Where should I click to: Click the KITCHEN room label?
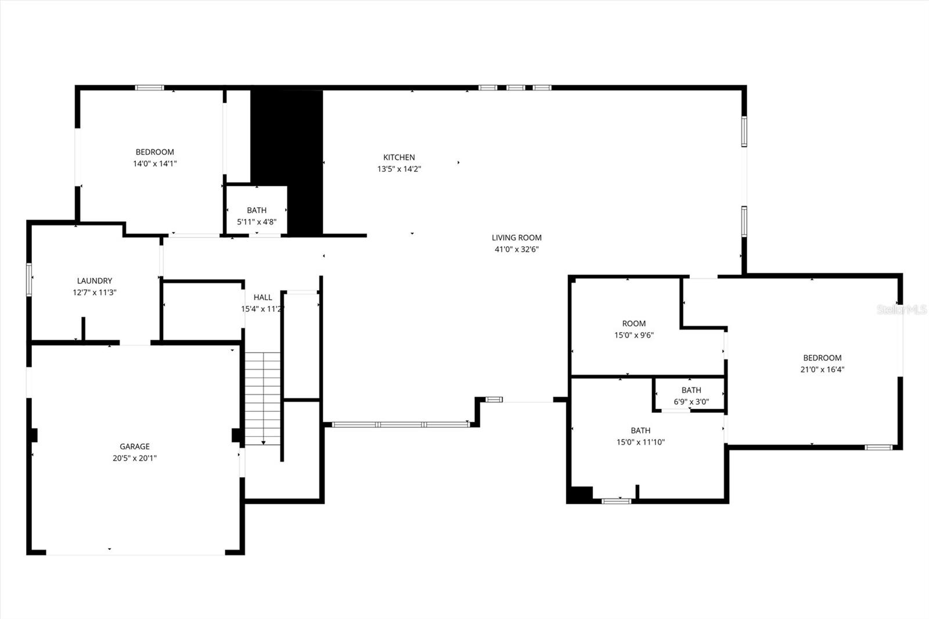pos(399,157)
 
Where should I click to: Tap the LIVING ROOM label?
pos(516,237)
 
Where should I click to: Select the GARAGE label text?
pos(135,447)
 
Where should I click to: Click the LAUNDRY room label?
pos(95,281)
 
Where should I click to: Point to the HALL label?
pos(262,297)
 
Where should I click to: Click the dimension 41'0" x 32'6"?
pos(516,250)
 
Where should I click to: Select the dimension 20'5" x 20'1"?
pos(135,458)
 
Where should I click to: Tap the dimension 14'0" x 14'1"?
pos(154,164)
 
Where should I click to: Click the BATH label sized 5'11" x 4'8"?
pos(257,210)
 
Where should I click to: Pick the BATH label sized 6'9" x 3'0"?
pos(691,390)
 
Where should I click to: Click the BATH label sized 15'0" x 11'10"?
pos(640,430)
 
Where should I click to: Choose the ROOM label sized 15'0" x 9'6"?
pos(634,323)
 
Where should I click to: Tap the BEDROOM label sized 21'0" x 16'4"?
pos(822,358)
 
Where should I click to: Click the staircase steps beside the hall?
pos(263,395)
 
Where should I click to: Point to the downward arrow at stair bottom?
pos(264,442)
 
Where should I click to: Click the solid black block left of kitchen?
pos(286,151)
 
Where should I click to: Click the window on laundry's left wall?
pos(28,279)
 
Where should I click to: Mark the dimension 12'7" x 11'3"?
pos(95,293)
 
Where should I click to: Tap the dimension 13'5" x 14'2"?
pos(399,170)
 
